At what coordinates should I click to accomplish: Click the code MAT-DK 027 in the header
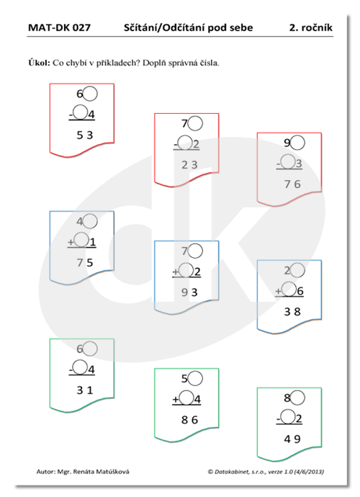coord(59,27)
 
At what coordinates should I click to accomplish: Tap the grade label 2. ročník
coord(310,27)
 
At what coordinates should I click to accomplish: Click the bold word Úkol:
coord(40,63)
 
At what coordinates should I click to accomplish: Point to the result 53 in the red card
coord(85,135)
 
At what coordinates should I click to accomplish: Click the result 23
coord(189,165)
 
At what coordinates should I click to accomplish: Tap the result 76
coord(292,184)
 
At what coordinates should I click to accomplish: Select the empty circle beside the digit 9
coord(297,143)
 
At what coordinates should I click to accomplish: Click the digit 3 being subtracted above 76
coord(299,164)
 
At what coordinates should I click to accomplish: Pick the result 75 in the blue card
coord(85,263)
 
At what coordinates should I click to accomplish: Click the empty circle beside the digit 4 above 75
coord(90,221)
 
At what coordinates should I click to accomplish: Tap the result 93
coord(189,292)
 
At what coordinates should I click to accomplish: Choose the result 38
coord(292,312)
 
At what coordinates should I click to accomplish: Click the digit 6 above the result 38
coord(300,291)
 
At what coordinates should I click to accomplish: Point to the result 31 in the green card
coord(85,390)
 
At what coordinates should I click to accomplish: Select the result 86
coord(189,420)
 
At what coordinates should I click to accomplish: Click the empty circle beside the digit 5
coord(195,378)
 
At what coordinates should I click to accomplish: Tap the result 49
coord(292,439)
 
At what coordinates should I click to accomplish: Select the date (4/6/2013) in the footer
coord(309,472)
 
